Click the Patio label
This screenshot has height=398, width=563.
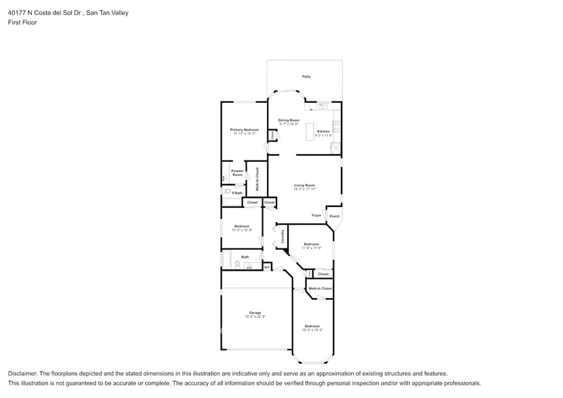pyautogui.click(x=306, y=76)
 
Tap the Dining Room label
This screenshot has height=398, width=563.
pyautogui.click(x=289, y=120)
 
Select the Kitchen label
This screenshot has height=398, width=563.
pyautogui.click(x=323, y=131)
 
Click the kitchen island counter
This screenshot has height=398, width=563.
pyautogui.click(x=311, y=130)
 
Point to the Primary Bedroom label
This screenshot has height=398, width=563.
pyautogui.click(x=244, y=129)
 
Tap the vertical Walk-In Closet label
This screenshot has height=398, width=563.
pyautogui.click(x=257, y=179)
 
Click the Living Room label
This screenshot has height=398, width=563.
pyautogui.click(x=304, y=185)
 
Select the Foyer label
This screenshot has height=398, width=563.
pyautogui.click(x=316, y=215)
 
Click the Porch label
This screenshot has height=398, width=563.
pyautogui.click(x=334, y=217)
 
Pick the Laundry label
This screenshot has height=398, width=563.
pyautogui.click(x=282, y=237)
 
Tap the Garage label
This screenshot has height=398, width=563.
pyautogui.click(x=255, y=313)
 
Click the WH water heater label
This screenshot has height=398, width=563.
pyautogui.click(x=267, y=267)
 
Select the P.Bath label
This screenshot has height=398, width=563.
pyautogui.click(x=237, y=193)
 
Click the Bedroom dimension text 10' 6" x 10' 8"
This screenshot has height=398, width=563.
pyautogui.click(x=242, y=230)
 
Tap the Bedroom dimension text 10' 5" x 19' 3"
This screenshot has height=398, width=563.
pyautogui.click(x=312, y=330)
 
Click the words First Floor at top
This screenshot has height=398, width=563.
pyautogui.click(x=22, y=22)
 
